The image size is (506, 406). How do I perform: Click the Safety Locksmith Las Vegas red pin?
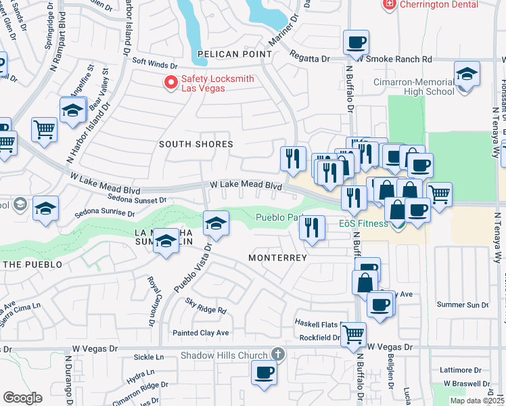171,83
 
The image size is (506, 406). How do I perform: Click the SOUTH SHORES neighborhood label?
196,144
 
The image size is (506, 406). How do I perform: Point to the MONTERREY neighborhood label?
277,258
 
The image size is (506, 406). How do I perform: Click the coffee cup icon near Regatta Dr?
356,43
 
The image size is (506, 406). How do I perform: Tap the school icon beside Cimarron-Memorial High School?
467,74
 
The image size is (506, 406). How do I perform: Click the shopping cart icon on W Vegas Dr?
353,334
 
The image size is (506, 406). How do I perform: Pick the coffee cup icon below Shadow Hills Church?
264,372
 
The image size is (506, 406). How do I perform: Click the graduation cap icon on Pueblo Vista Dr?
216,224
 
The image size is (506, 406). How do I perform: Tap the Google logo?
22,398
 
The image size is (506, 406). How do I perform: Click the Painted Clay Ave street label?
201,333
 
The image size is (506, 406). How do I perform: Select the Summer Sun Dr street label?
463,305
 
